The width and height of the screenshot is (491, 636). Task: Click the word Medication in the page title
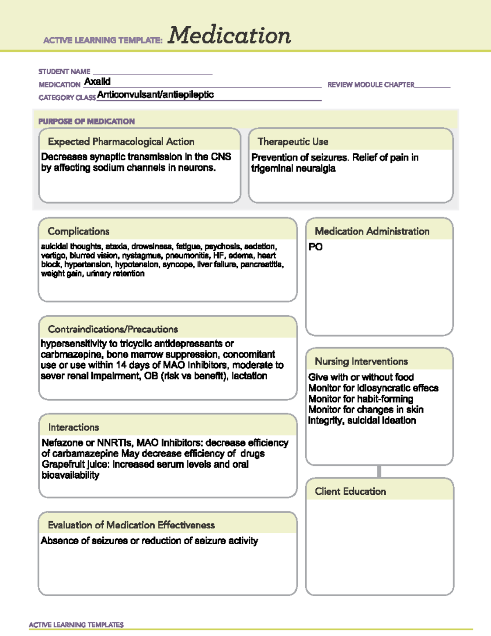coord(229,35)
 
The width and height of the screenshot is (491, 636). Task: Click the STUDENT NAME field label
coord(64,71)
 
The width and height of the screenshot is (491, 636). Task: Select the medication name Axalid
coord(97,81)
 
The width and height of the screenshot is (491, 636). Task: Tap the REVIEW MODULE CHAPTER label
coord(371,85)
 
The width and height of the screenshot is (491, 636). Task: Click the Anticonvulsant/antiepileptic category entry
coord(155,95)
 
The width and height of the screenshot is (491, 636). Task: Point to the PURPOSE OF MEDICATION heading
coord(86,121)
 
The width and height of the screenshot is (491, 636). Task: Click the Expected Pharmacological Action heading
coord(121,142)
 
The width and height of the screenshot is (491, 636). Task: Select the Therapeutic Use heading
coord(293,142)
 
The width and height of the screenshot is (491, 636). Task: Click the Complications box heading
coord(79,231)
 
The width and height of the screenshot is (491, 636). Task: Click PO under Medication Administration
coord(315,247)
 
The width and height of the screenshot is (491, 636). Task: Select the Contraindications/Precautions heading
coord(113,329)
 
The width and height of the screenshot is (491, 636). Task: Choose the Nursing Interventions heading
coord(361,362)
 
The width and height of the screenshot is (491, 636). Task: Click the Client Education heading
coord(350,491)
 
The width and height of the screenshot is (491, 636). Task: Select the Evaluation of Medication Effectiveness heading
coord(131,525)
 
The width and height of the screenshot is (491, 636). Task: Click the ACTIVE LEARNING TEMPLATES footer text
coord(76,625)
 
